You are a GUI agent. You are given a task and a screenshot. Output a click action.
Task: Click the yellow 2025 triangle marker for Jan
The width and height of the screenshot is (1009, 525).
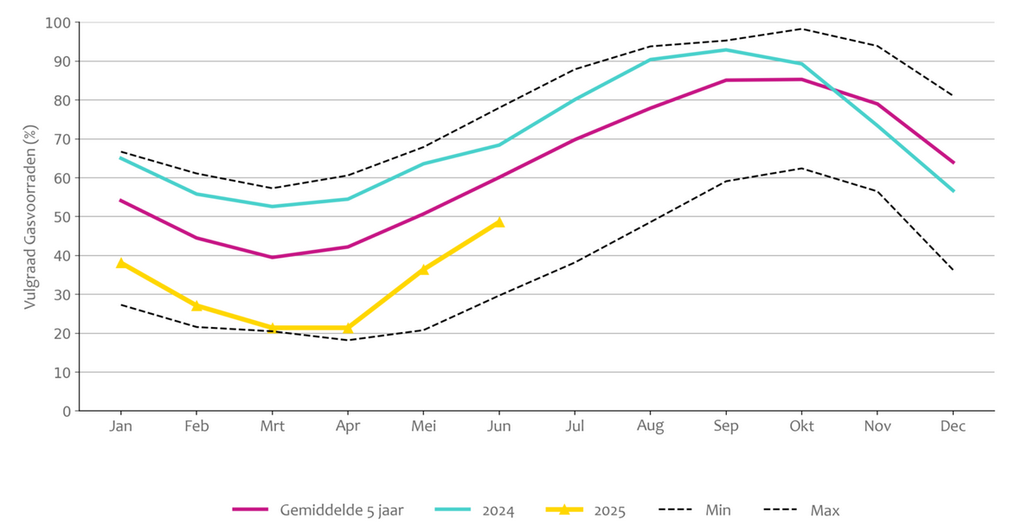click(x=121, y=263)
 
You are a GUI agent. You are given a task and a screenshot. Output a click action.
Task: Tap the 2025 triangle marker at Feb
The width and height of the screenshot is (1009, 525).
click(x=196, y=305)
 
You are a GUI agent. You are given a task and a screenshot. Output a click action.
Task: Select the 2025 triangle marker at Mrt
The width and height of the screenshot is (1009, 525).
click(x=273, y=328)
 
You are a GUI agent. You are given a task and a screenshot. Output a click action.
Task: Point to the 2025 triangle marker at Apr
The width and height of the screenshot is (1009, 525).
click(x=348, y=328)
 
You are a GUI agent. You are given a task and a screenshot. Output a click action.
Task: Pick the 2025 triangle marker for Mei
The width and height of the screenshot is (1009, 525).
click(x=423, y=269)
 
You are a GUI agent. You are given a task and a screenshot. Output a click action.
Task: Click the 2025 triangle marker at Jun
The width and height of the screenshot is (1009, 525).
click(x=498, y=222)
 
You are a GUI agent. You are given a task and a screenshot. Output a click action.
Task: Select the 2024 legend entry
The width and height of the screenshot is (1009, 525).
click(x=498, y=510)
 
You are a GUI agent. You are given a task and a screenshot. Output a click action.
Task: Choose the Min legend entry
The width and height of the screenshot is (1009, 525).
click(x=717, y=510)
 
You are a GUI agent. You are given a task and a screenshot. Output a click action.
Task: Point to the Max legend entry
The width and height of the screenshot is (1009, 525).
click(x=825, y=510)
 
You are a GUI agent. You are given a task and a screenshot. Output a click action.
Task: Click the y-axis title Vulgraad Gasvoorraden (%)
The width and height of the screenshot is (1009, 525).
click(x=30, y=217)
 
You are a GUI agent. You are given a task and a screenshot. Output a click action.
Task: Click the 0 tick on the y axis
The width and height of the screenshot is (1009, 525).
click(x=65, y=412)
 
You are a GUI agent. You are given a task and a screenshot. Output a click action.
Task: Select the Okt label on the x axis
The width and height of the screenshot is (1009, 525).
click(x=801, y=426)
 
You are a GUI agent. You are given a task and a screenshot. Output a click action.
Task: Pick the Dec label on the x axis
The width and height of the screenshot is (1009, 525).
click(x=953, y=426)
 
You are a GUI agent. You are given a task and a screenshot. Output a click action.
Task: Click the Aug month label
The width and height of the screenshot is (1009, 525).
click(x=650, y=426)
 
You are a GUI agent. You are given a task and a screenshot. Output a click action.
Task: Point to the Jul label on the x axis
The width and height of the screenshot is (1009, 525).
click(x=575, y=426)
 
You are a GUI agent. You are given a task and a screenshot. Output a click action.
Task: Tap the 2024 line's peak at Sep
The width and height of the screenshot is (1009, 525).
click(x=726, y=49)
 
